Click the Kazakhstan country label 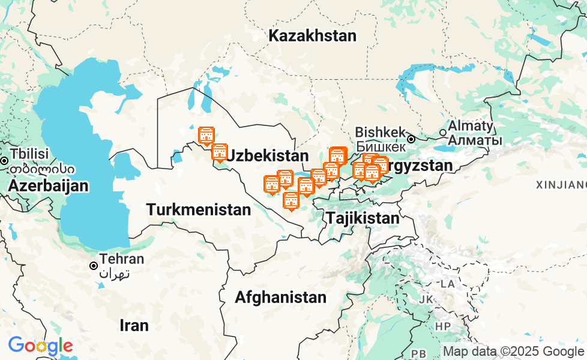(312, 36)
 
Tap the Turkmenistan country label (199, 210)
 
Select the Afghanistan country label (280, 297)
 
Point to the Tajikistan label (363, 218)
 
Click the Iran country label (134, 325)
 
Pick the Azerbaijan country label (48, 186)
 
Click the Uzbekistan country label (268, 156)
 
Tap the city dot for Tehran (94, 265)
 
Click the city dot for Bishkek (411, 139)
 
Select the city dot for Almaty (443, 133)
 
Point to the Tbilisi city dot (4, 161)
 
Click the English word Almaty (475, 127)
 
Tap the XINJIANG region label (562, 184)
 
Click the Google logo (40, 346)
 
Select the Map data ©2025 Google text (513, 352)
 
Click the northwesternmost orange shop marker (206, 135)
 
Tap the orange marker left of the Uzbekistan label (220, 152)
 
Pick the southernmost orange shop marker (290, 200)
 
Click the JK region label (426, 299)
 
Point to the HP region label (443, 326)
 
